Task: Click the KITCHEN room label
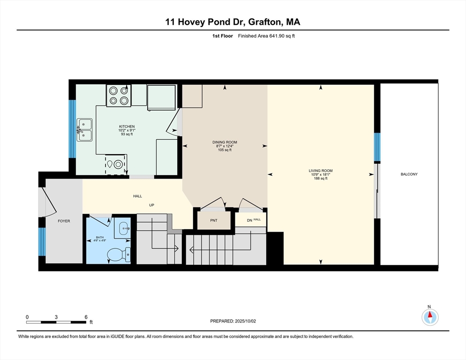pyautogui.click(x=127, y=127)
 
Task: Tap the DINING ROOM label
pyautogui.click(x=225, y=142)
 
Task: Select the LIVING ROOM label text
pyautogui.click(x=321, y=171)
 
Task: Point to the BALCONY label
pyautogui.click(x=409, y=174)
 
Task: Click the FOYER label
pyautogui.click(x=64, y=221)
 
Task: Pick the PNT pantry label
pyautogui.click(x=214, y=220)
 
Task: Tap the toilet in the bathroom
pyautogui.click(x=119, y=255)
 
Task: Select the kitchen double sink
pyautogui.click(x=84, y=130)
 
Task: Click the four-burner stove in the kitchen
pyautogui.click(x=119, y=96)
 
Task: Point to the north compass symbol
pyautogui.click(x=430, y=317)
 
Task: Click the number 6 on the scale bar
pyautogui.click(x=86, y=317)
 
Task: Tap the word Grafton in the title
pyautogui.click(x=264, y=22)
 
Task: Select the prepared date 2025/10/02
pyautogui.click(x=246, y=321)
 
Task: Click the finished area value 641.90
pyautogui.click(x=277, y=36)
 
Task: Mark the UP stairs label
pyautogui.click(x=151, y=205)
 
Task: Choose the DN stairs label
pyautogui.click(x=249, y=220)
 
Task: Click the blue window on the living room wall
pyautogui.click(x=377, y=147)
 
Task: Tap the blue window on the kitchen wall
pyautogui.click(x=72, y=129)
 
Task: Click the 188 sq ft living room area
pyautogui.click(x=321, y=179)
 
